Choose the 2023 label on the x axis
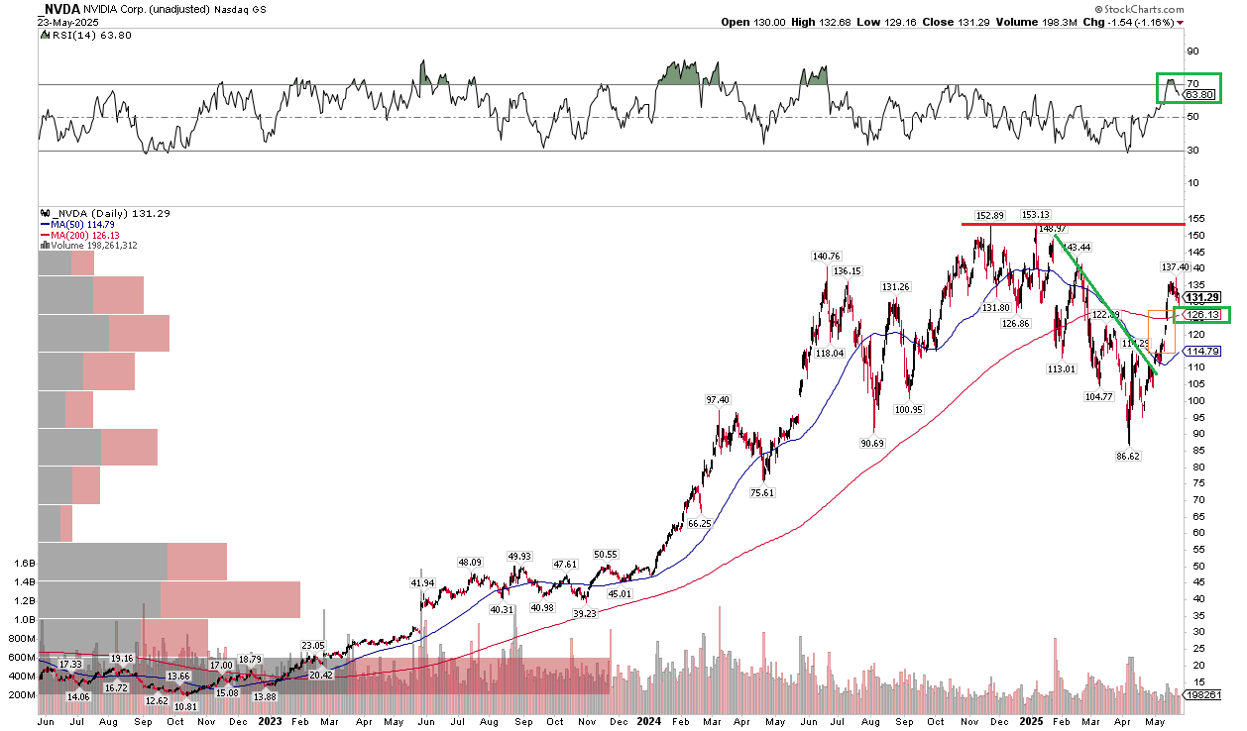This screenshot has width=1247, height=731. pyautogui.click(x=271, y=722)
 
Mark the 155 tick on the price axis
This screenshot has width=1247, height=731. pyautogui.click(x=1198, y=218)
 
